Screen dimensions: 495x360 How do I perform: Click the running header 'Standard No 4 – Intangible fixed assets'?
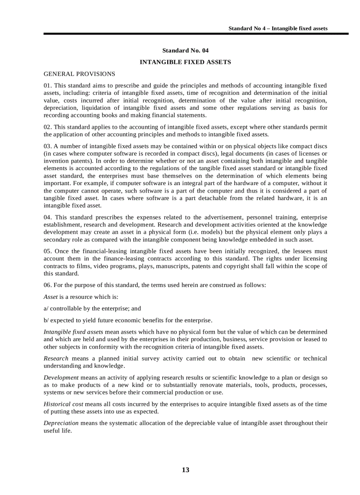pyautogui.click(x=277, y=28)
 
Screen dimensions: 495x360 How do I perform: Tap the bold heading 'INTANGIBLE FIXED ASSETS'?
pyautogui.click(x=185, y=62)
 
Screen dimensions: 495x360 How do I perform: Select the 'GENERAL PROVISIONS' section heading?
pyautogui.click(x=79, y=74)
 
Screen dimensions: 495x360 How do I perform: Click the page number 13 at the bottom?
pyautogui.click(x=185, y=470)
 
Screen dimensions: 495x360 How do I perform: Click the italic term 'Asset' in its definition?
pyautogui.click(x=51, y=297)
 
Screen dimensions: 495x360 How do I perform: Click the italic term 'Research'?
pyautogui.click(x=56, y=358)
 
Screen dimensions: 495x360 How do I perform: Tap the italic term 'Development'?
pyautogui.click(x=61, y=377)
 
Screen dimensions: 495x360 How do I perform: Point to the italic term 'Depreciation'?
pyautogui.click(x=61, y=423)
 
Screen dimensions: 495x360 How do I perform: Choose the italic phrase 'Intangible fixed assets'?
pyautogui.click(x=73, y=331)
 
